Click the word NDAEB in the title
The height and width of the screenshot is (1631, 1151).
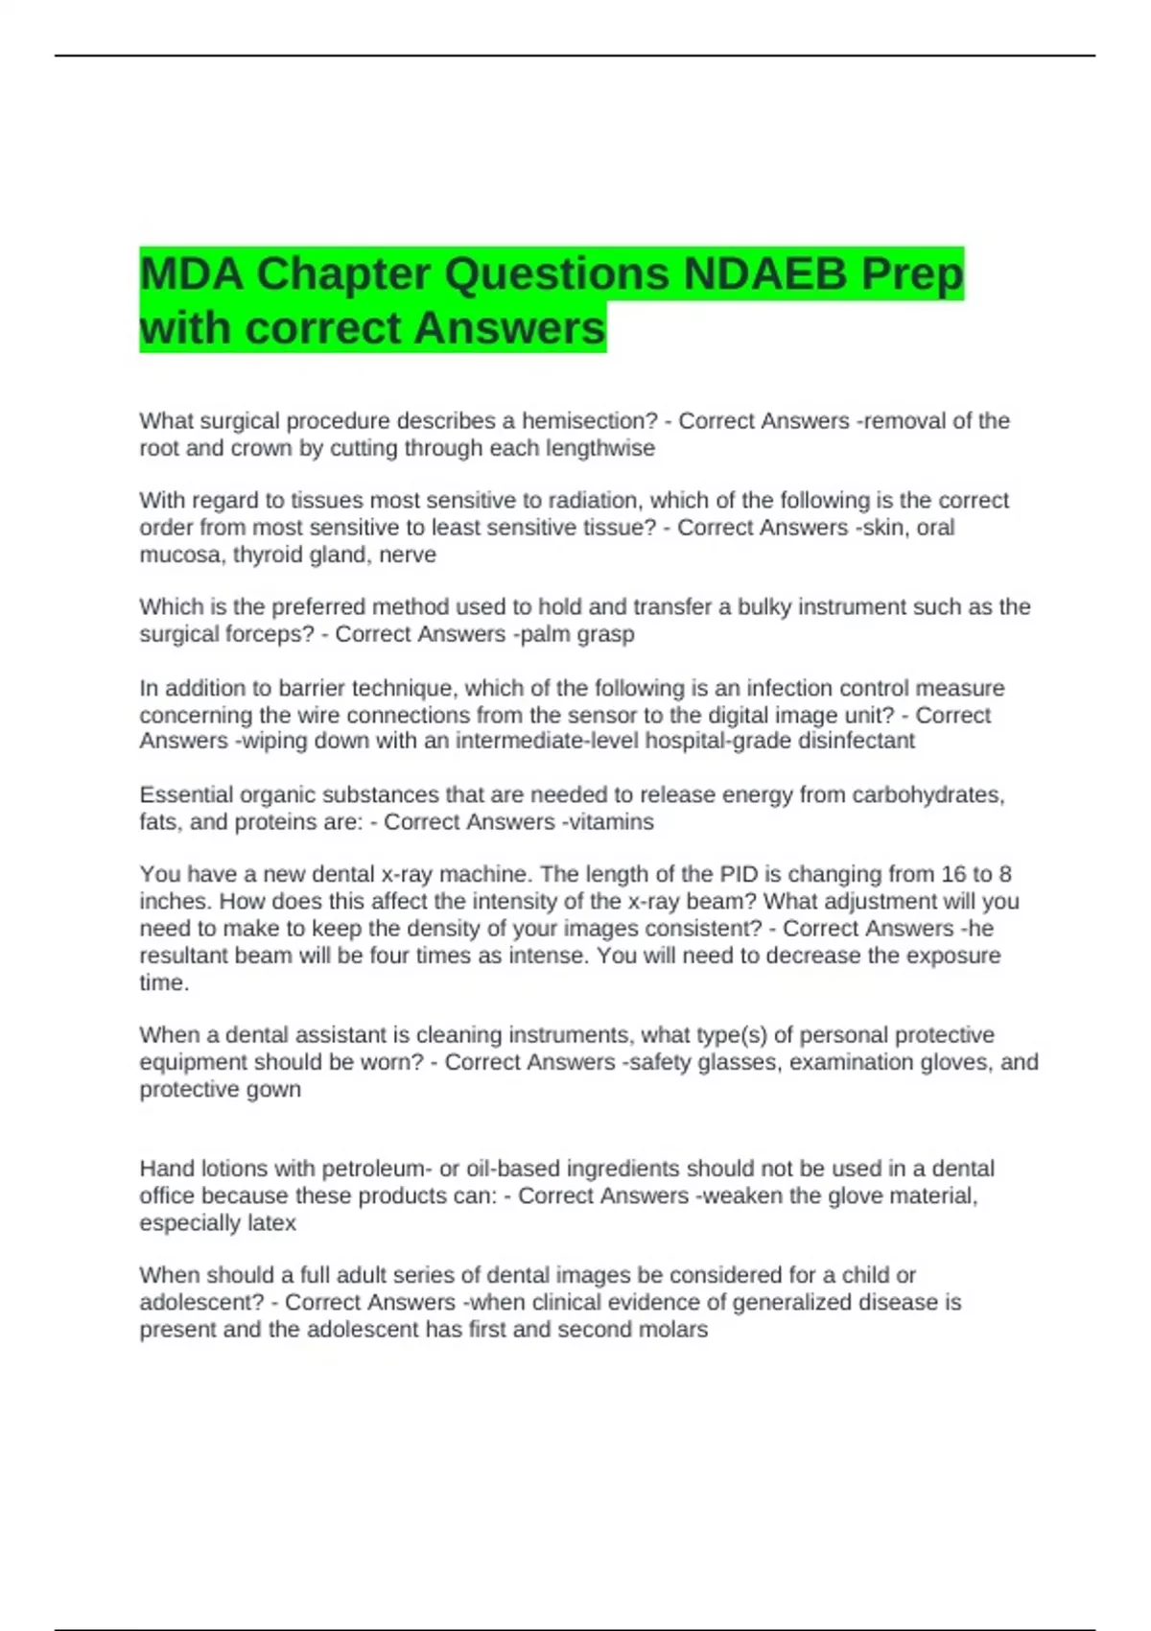[764, 274]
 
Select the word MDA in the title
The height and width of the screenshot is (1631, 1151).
[191, 274]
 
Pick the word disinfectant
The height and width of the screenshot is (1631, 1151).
[857, 741]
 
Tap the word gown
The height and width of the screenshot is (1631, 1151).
[274, 1090]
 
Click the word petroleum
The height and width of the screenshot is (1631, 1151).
[376, 1169]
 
